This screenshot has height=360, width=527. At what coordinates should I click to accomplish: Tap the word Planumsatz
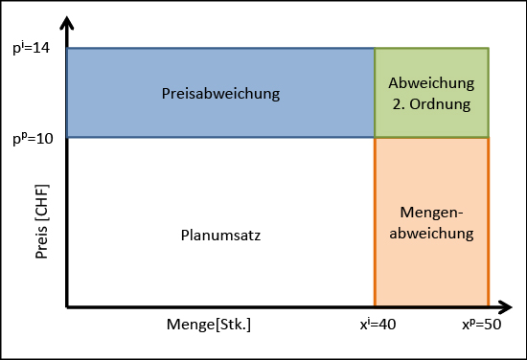219,235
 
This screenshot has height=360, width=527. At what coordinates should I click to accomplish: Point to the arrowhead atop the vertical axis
66,21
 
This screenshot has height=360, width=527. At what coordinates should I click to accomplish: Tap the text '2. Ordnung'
431,102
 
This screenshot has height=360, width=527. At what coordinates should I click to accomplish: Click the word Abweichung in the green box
431,83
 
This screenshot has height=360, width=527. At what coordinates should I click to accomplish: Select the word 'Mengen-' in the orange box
431,213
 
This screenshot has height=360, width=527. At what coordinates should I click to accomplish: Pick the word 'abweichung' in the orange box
431,232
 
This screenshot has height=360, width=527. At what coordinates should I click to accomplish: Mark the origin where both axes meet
66,308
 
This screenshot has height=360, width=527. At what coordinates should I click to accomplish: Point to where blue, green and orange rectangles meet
375,137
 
